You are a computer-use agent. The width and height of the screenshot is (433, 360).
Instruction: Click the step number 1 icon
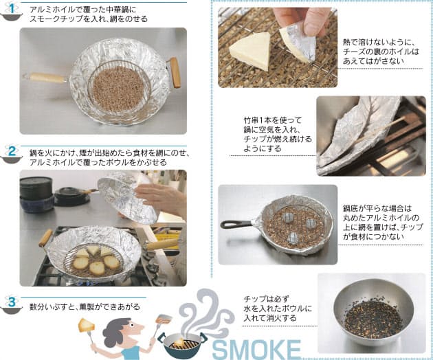tap(11, 11)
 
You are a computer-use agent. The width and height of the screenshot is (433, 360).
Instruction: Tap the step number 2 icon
tap(11, 154)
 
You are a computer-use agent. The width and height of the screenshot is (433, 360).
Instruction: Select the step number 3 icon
tap(11, 304)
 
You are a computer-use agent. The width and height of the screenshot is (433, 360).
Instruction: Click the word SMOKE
tap(256, 350)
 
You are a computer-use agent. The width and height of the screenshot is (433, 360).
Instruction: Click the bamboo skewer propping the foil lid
tap(381, 130)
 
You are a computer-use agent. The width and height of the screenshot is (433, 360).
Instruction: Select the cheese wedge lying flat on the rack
tap(252, 50)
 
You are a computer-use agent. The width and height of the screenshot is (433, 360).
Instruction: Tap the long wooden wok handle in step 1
tap(45, 78)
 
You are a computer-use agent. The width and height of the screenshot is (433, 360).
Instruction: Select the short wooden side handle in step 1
tap(175, 72)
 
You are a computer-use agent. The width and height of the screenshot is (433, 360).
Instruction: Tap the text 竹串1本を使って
tap(273, 120)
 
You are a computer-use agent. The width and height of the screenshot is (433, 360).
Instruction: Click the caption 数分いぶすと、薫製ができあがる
tap(85, 306)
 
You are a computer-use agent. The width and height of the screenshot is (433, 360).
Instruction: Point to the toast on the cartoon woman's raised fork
tap(86, 325)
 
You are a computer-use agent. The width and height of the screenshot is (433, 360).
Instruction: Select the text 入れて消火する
tap(270, 318)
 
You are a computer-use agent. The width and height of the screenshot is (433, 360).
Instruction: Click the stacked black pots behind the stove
tap(36, 194)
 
